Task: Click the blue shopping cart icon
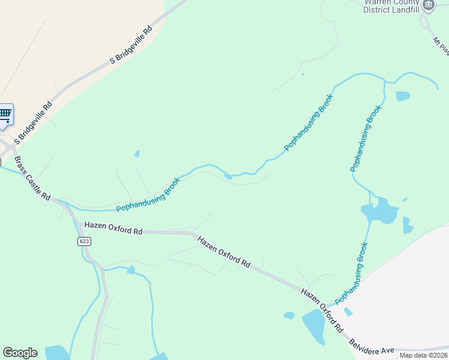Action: [4, 113]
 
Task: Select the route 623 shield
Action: [84, 241]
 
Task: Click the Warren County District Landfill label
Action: [391, 5]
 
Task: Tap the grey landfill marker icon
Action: [428, 5]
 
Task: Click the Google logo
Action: [20, 353]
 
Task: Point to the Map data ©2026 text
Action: [424, 355]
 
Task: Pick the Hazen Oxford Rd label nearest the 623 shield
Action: [113, 228]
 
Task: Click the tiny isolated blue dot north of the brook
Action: [303, 74]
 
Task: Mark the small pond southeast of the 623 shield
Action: [131, 270]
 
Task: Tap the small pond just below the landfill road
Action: [402, 95]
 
